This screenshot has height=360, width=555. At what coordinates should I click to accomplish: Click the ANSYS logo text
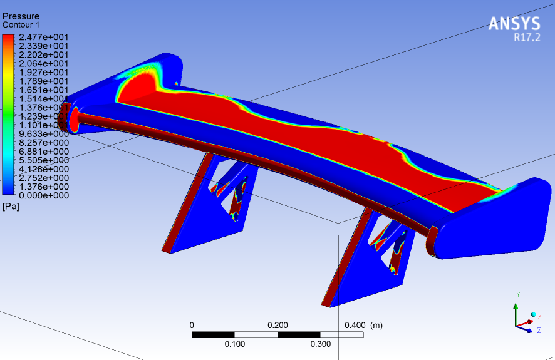pyautogui.click(x=514, y=24)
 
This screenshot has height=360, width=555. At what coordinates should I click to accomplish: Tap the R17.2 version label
pyautogui.click(x=527, y=38)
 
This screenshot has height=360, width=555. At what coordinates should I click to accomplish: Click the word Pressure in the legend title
pyautogui.click(x=21, y=16)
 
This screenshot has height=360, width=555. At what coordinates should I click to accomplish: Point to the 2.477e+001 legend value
pyautogui.click(x=43, y=37)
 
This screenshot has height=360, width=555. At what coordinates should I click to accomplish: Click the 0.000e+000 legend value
pyautogui.click(x=43, y=195)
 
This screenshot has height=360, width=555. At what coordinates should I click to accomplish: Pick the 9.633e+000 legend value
pyautogui.click(x=43, y=134)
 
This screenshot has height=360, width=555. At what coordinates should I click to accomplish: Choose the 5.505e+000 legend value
pyautogui.click(x=43, y=160)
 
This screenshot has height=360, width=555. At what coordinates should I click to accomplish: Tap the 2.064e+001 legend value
pyautogui.click(x=43, y=63)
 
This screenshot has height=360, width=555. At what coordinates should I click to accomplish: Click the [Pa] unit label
pyautogui.click(x=11, y=206)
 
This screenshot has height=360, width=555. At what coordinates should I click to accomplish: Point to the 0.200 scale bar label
pyautogui.click(x=277, y=325)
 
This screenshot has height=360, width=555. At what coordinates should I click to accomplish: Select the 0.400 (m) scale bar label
pyautogui.click(x=364, y=325)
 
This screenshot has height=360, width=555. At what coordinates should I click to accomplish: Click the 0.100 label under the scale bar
pyautogui.click(x=234, y=344)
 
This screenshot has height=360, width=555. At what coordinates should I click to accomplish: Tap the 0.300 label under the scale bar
pyautogui.click(x=321, y=344)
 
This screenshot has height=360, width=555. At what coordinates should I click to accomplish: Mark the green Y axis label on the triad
pyautogui.click(x=517, y=294)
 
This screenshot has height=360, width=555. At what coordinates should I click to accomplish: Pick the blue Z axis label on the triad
pyautogui.click(x=539, y=329)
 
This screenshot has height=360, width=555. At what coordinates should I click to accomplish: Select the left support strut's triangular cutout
pyautogui.click(x=232, y=188)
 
